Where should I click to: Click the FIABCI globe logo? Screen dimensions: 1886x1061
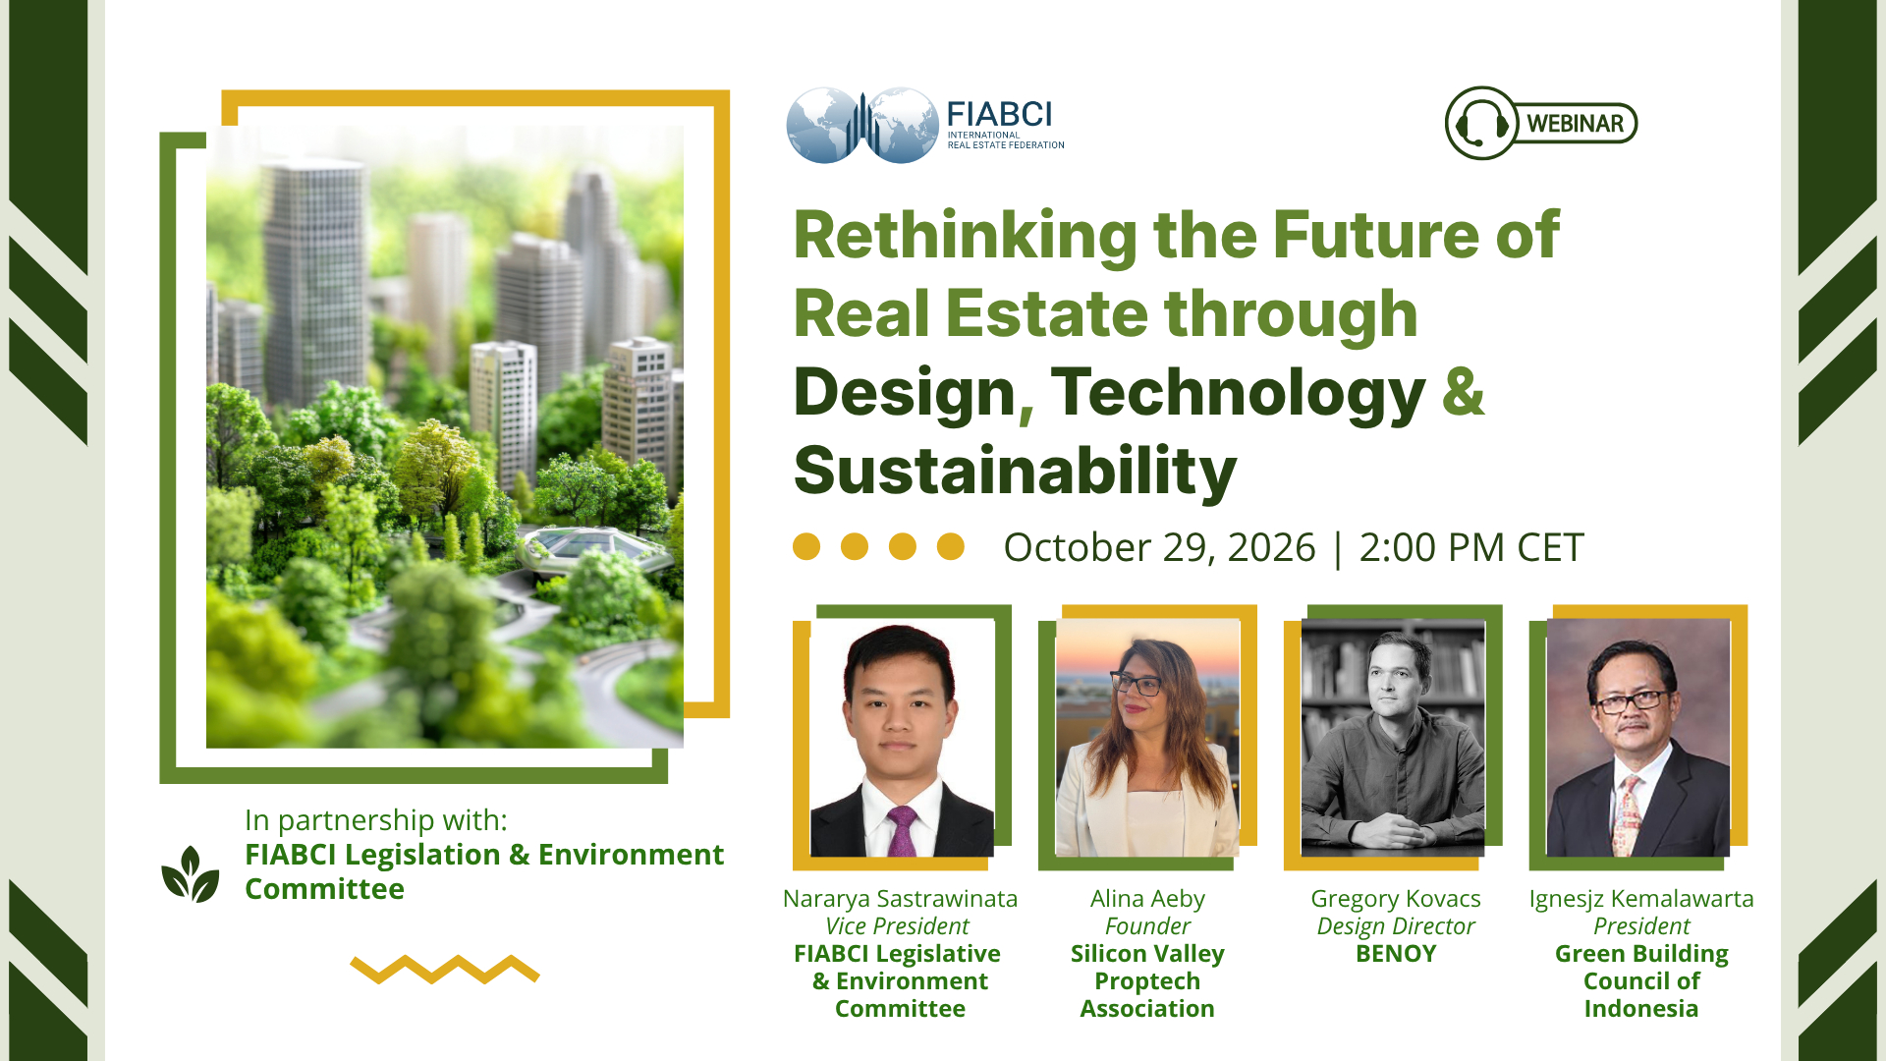coord(862,125)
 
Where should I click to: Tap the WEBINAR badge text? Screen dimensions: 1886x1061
coord(1575,124)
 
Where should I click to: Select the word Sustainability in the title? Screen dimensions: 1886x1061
coord(1015,471)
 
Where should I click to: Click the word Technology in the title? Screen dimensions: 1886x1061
coord(1238,393)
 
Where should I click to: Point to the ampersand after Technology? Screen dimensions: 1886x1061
coord(1464,390)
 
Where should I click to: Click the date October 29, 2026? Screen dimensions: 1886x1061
coord(1159,547)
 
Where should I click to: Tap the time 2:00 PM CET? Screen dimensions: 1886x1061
coord(1471,547)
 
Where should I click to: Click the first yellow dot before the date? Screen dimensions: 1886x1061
coord(806,546)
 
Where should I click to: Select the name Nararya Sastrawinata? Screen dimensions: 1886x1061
coord(900,899)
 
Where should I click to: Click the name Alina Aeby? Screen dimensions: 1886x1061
coord(1147,899)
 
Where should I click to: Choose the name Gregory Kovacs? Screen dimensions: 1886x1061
coord(1396,899)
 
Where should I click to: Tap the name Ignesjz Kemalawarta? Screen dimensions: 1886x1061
coord(1641,899)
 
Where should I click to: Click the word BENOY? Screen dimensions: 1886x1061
coord(1396,954)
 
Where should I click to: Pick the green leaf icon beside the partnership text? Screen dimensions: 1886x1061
coord(191,874)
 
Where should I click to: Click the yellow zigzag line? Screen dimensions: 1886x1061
coord(445,969)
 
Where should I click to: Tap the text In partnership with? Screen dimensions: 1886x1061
coord(376,820)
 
